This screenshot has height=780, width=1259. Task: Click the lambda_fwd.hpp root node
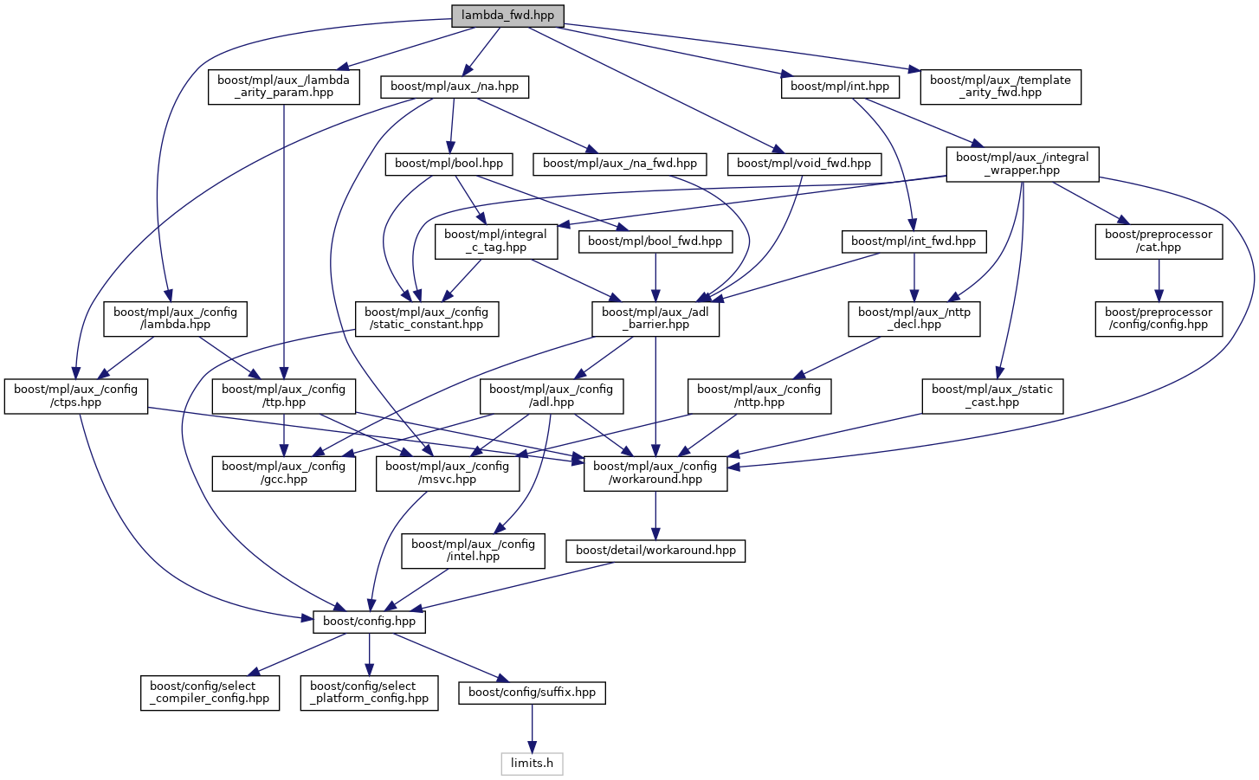pos(507,16)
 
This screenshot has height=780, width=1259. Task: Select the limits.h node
pos(532,764)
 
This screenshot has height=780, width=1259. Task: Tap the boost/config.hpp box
pos(369,622)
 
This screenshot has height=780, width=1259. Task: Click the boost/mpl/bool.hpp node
pos(449,164)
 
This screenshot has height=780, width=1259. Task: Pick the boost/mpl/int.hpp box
pos(839,87)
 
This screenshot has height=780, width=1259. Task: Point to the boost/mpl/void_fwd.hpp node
pos(804,164)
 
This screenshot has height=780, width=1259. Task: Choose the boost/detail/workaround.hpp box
pos(655,551)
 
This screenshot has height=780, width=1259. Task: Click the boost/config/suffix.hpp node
pos(532,693)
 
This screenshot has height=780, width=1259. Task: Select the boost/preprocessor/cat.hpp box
pos(1159,241)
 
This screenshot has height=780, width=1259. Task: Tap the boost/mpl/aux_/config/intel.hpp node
pos(473,551)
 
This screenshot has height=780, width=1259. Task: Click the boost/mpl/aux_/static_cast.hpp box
pos(991,396)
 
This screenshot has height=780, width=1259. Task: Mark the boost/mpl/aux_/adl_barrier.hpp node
pos(655,319)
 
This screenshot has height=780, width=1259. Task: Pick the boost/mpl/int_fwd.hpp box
pos(913,242)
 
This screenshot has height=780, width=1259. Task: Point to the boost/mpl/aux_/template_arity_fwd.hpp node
pos(1000,87)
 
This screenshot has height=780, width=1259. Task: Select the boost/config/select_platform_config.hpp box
pos(369,693)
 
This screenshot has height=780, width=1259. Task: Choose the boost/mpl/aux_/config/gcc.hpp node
pos(284,474)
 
